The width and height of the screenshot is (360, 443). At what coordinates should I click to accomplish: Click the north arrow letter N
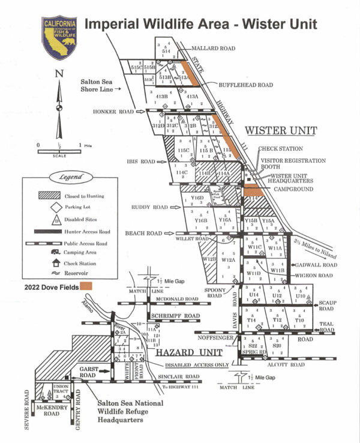[x=59, y=74]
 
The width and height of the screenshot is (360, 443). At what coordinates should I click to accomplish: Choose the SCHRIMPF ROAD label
[x=175, y=316]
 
